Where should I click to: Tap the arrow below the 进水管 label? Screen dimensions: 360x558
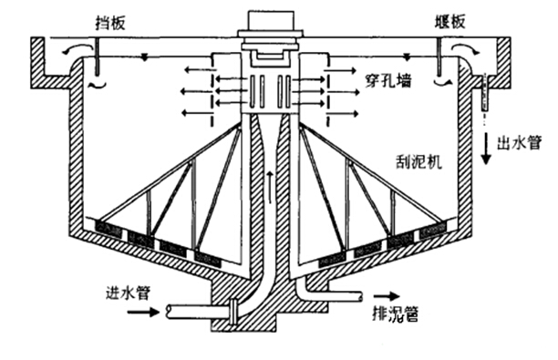[141, 311]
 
